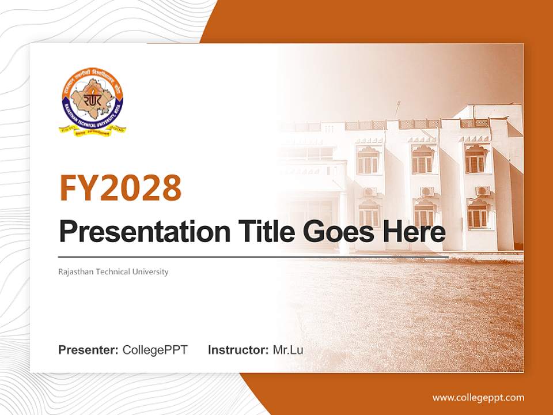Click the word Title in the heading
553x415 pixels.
tap(257, 232)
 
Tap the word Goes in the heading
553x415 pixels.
tap(335, 232)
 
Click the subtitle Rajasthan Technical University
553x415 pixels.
tap(113, 271)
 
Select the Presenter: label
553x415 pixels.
tap(89, 350)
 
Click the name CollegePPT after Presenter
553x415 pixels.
tap(155, 350)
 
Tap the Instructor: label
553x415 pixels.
tap(238, 350)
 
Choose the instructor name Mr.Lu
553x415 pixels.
tap(288, 350)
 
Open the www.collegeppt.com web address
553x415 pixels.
tap(478, 397)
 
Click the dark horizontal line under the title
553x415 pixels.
tap(253, 256)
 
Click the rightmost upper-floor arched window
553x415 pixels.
tap(476, 159)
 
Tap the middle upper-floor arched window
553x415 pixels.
tap(423, 159)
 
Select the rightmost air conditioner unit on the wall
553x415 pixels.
tap(482, 191)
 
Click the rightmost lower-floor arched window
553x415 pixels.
tap(477, 214)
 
